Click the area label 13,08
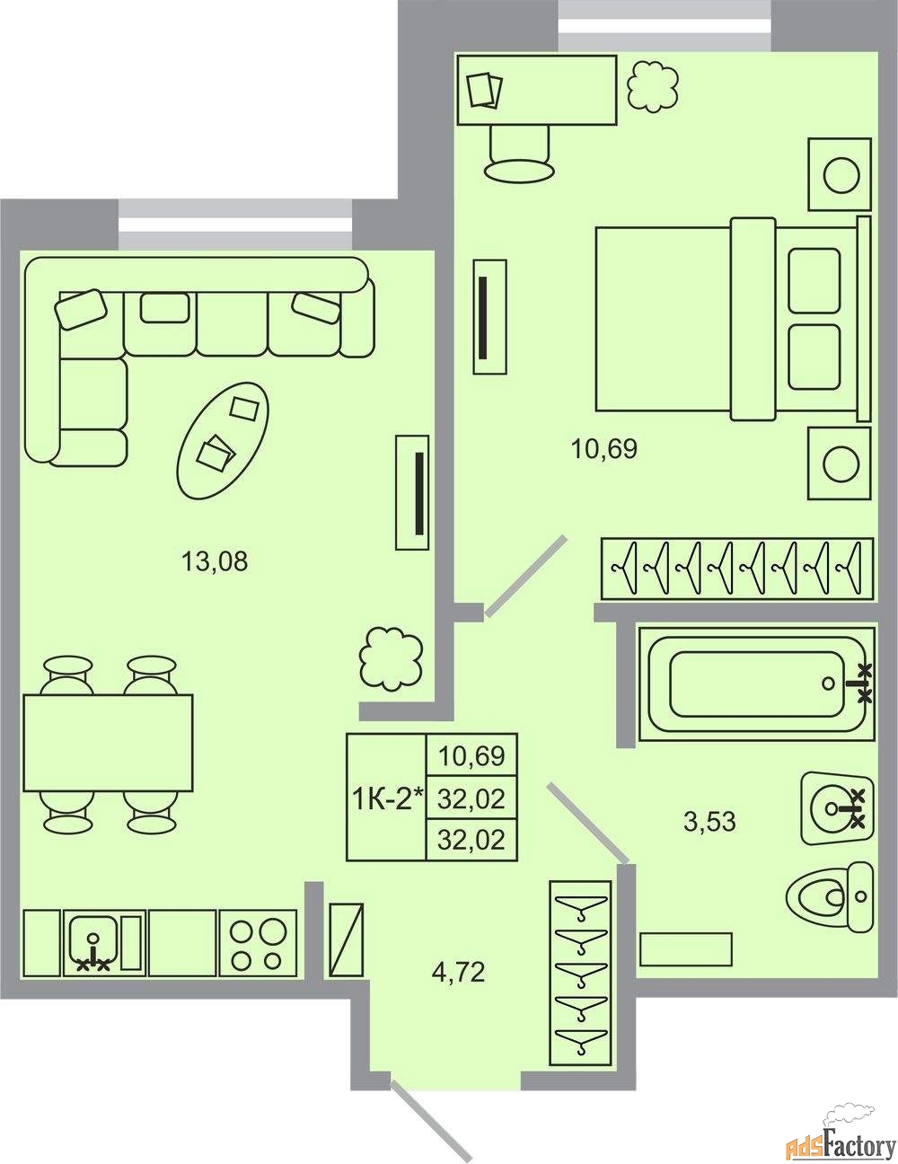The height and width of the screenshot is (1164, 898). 215,561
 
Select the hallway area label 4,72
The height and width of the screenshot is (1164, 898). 458,972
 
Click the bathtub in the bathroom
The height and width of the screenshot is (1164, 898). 756,684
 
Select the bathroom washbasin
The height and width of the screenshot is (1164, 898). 837,808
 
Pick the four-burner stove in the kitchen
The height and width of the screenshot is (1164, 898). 258,942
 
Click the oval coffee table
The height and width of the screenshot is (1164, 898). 223,441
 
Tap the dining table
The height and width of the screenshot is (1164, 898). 108,743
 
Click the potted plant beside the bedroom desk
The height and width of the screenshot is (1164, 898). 653,86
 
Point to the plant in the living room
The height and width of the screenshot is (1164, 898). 391,657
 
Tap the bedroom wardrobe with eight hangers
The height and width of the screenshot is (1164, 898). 737,569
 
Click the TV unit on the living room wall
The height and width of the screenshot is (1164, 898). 412,492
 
